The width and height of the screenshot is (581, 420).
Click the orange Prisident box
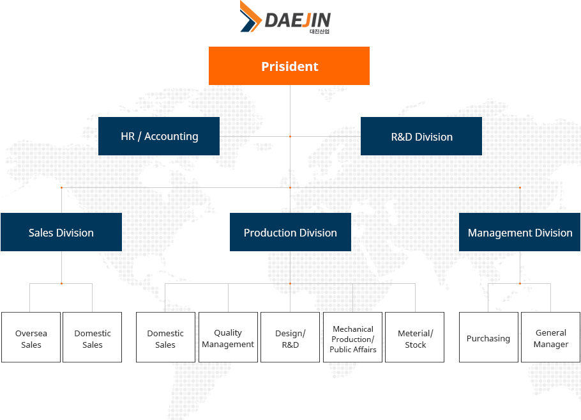tap(289, 66)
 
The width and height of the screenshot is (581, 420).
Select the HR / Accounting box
tap(159, 136)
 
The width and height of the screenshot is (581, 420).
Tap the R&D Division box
tap(421, 136)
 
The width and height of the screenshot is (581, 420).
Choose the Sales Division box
tap(61, 232)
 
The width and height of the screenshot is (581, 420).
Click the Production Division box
tap(290, 232)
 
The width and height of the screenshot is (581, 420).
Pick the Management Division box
tap(520, 232)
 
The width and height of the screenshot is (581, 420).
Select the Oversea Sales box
tap(31, 338)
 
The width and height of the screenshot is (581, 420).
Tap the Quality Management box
tap(229, 338)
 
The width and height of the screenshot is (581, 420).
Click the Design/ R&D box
tap(290, 338)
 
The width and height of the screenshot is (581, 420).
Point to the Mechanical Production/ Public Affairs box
tap(352, 338)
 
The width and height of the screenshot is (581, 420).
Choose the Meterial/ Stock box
tap(414, 338)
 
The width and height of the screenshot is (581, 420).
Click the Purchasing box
tap(488, 338)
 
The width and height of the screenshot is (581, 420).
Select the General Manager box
tap(550, 338)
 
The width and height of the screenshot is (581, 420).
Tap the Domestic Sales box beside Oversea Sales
tap(93, 338)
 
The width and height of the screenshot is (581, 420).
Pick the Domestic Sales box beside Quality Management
tap(165, 338)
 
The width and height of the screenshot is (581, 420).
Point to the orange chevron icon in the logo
tap(251, 17)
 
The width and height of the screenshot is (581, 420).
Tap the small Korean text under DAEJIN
tap(319, 31)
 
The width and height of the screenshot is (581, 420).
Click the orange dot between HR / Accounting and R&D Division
tap(290, 137)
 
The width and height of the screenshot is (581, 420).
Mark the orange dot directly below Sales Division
tap(61, 283)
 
